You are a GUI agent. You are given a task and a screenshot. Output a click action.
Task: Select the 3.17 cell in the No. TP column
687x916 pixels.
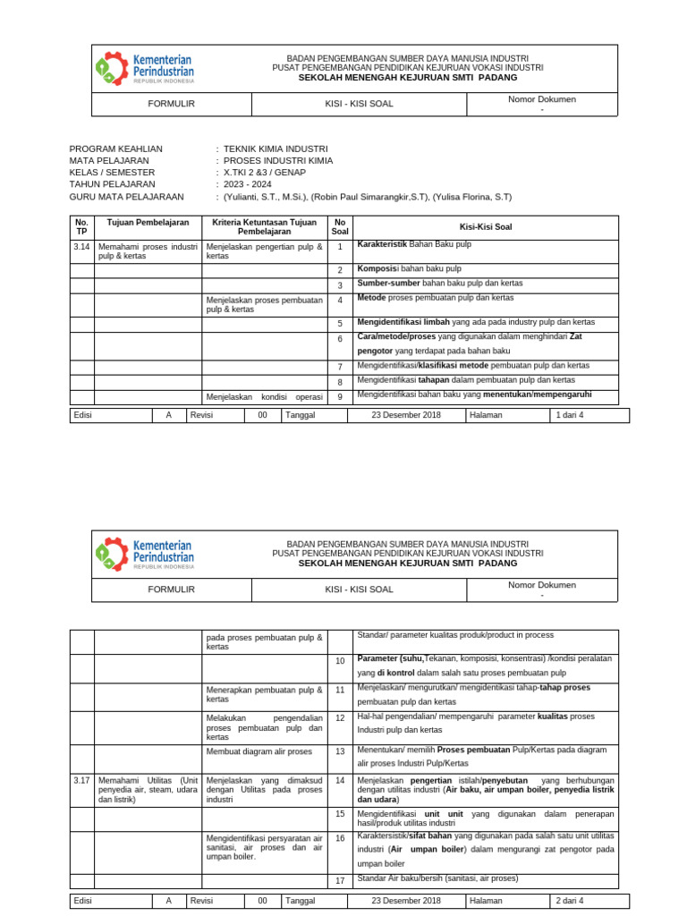coord(81,780)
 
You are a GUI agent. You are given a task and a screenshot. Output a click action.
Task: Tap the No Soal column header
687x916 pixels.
coord(339,226)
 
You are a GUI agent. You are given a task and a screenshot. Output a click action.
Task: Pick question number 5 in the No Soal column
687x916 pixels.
coord(340,323)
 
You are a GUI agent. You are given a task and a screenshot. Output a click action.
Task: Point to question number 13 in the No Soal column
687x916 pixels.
coord(340,751)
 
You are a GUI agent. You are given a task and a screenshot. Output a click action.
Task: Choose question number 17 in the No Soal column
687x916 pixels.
coord(340,881)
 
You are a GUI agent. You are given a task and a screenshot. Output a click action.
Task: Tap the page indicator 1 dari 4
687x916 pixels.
coord(570,415)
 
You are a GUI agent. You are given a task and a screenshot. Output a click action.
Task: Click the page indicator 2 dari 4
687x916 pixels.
coord(570,901)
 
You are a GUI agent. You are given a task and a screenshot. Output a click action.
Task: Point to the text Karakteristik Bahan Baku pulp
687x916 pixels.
coord(414,244)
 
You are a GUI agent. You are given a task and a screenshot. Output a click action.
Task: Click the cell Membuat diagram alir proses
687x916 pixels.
coord(259,751)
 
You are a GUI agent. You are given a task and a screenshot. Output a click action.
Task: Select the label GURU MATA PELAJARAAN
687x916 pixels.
coord(126,197)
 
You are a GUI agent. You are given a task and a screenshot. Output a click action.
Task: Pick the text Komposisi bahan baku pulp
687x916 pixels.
coord(409,268)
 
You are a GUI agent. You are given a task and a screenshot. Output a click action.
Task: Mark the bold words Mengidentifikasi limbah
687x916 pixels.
coord(399,321)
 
